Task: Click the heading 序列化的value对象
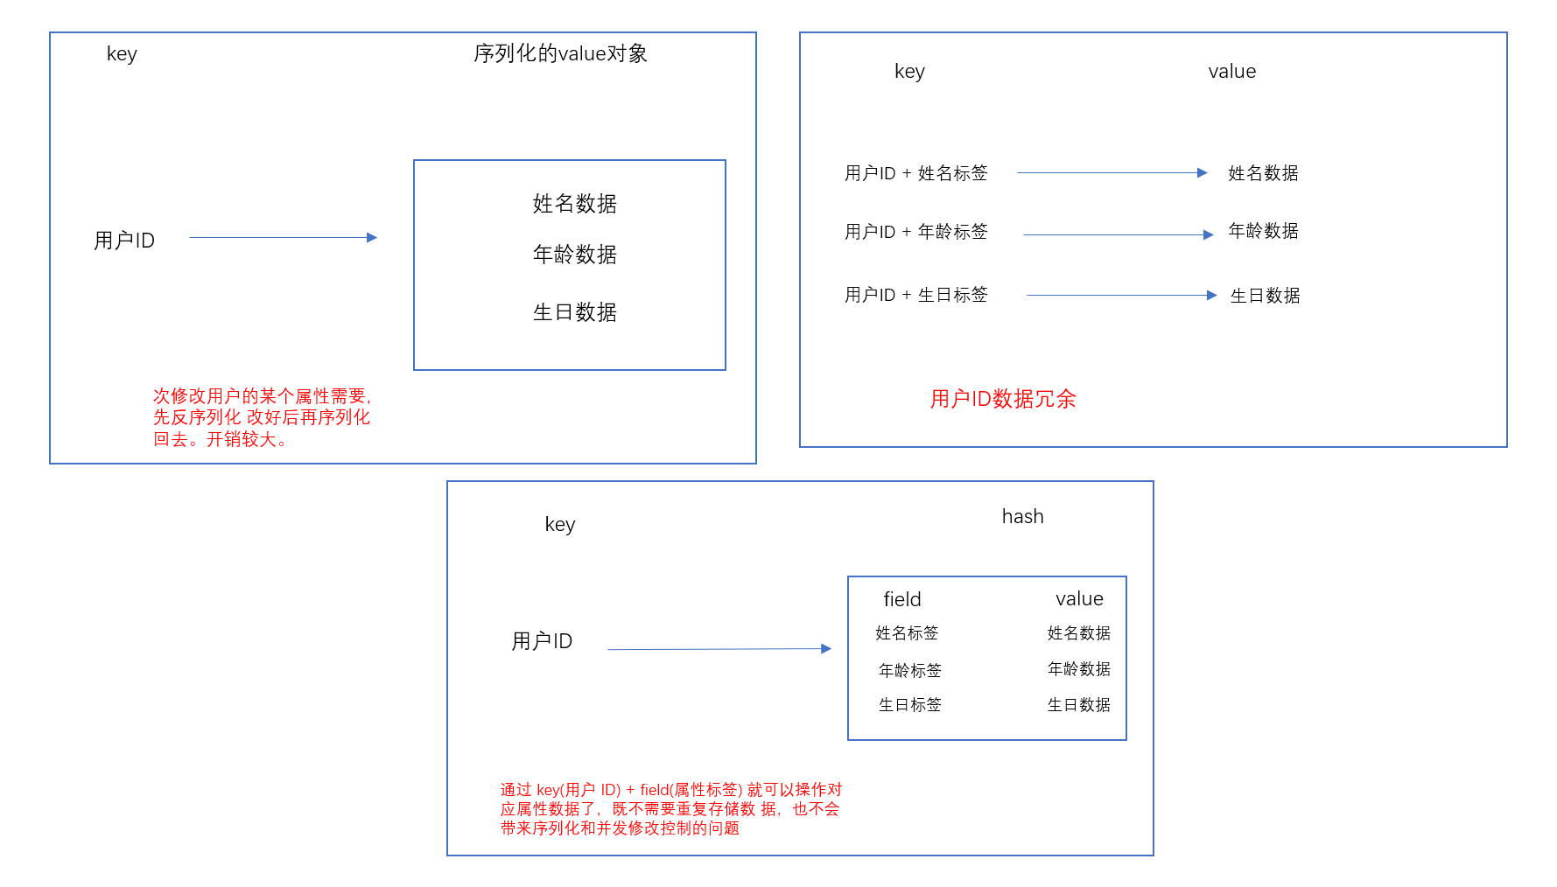pyautogui.click(x=560, y=53)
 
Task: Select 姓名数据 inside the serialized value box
pyautogui.click(x=575, y=204)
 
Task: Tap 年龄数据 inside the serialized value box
pyautogui.click(x=575, y=255)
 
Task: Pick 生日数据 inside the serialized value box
pyautogui.click(x=575, y=312)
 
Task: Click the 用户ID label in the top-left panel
pyautogui.click(x=124, y=241)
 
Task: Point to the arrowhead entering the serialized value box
pyautogui.click(x=372, y=237)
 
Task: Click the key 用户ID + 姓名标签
pyautogui.click(x=915, y=173)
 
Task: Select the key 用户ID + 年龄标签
pyautogui.click(x=915, y=232)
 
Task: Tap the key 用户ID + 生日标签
pyautogui.click(x=915, y=295)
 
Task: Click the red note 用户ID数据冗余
pyautogui.click(x=1003, y=399)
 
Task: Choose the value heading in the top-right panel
pyautogui.click(x=1231, y=72)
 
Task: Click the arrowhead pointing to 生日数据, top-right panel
pyautogui.click(x=1212, y=296)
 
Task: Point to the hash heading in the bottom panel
pyautogui.click(x=1022, y=517)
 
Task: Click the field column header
pyautogui.click(x=902, y=599)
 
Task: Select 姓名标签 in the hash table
pyautogui.click(x=907, y=633)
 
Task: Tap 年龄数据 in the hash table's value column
pyautogui.click(x=1079, y=669)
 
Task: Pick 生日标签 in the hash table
pyautogui.click(x=910, y=705)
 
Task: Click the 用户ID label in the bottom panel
pyautogui.click(x=542, y=641)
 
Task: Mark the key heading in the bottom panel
pyautogui.click(x=560, y=525)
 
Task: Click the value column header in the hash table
pyautogui.click(x=1079, y=599)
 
